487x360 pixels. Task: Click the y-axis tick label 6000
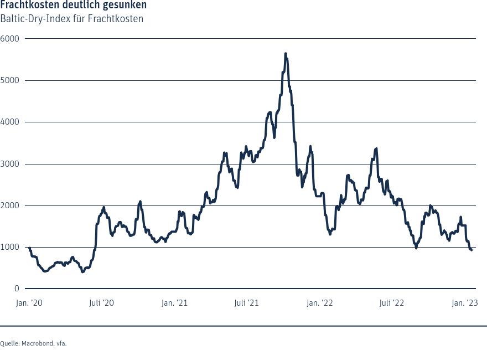click(x=9, y=39)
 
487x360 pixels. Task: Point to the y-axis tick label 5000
click(x=9, y=80)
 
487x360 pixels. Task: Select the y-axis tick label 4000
click(x=9, y=122)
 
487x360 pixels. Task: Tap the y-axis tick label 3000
click(x=9, y=164)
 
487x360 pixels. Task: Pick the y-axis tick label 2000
click(x=9, y=205)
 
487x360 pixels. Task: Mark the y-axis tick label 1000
click(x=9, y=247)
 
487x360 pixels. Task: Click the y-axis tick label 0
click(x=17, y=289)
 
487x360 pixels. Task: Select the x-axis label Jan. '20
click(x=29, y=303)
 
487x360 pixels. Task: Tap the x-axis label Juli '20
click(x=101, y=303)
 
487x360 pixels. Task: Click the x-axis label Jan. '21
click(x=174, y=303)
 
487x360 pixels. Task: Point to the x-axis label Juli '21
click(x=246, y=303)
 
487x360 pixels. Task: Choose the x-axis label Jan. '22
click(x=319, y=303)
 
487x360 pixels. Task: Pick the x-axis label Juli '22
click(x=392, y=303)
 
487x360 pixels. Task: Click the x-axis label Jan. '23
click(x=465, y=303)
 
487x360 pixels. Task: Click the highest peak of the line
click(x=286, y=54)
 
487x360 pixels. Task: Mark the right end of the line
click(x=472, y=250)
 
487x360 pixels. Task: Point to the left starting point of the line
click(x=29, y=248)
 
